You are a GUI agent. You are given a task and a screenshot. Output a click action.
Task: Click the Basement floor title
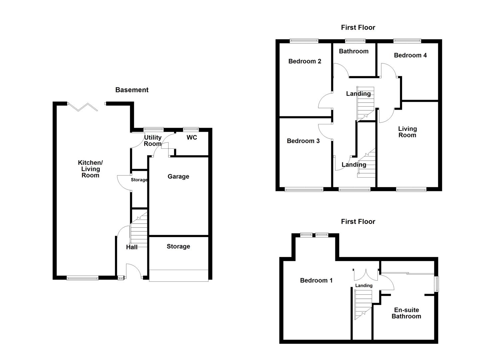pyautogui.click(x=132, y=90)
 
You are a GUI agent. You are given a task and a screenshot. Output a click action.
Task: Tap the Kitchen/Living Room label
pyautogui.click(x=90, y=169)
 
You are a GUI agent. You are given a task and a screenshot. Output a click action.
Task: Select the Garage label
pyautogui.click(x=178, y=176)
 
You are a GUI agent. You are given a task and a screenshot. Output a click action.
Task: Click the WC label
pyautogui.click(x=192, y=137)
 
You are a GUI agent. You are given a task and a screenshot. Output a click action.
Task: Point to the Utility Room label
pyautogui.click(x=153, y=140)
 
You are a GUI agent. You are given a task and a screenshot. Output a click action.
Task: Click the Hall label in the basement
pyautogui.click(x=132, y=247)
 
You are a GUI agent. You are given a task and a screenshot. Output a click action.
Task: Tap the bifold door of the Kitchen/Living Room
pyautogui.click(x=83, y=107)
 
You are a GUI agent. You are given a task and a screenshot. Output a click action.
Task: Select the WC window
pyautogui.click(x=191, y=129)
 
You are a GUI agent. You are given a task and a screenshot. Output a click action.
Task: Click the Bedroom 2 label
pyautogui.click(x=305, y=61)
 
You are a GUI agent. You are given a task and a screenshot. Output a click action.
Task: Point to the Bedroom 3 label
pyautogui.click(x=303, y=141)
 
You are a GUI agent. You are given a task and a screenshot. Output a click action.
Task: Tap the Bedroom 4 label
pyautogui.click(x=410, y=55)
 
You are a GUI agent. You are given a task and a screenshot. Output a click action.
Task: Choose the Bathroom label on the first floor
pyautogui.click(x=354, y=51)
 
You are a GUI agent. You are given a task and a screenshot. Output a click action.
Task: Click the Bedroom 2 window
pyautogui.click(x=304, y=41)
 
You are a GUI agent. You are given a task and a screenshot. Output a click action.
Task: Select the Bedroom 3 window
pyautogui.click(x=304, y=190)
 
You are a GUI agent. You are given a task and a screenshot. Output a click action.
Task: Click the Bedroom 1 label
pyautogui.click(x=316, y=280)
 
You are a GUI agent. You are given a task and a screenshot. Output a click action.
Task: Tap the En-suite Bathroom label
pyautogui.click(x=406, y=313)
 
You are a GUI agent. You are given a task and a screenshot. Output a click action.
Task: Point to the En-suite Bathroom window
pyautogui.click(x=436, y=284)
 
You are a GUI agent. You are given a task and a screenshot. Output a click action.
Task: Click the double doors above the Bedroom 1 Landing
pyautogui.click(x=366, y=274)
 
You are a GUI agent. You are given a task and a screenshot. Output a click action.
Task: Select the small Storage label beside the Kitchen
pyautogui.click(x=139, y=180)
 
